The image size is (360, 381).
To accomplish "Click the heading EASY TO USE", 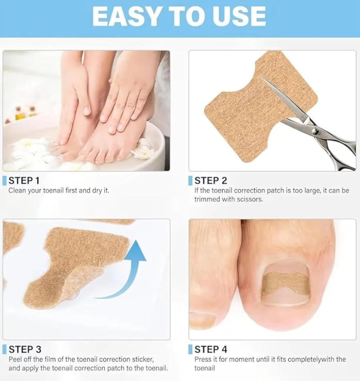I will (x=179, y=16).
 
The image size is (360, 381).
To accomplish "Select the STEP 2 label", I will (x=211, y=180).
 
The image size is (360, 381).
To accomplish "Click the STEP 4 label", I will (x=211, y=349).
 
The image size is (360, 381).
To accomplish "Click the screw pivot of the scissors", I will (x=315, y=131).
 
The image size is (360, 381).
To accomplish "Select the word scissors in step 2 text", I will (x=250, y=199).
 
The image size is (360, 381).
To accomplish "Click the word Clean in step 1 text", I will (x=17, y=190).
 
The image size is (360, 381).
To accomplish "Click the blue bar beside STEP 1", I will (x=4, y=180).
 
